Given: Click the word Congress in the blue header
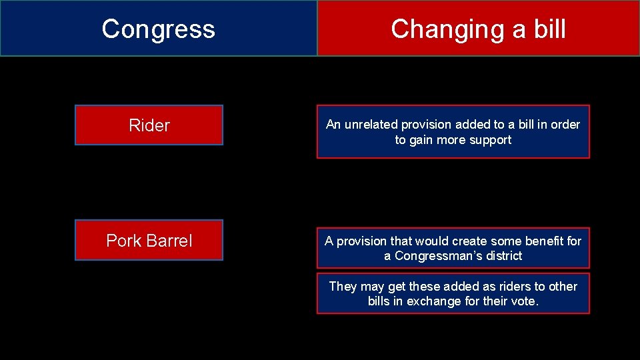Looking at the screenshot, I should point(159,29).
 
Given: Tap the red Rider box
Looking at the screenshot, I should point(149,125).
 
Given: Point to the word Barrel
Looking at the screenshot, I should point(171,241).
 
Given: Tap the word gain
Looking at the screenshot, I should point(423,140).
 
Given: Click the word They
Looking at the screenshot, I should point(343,287).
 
